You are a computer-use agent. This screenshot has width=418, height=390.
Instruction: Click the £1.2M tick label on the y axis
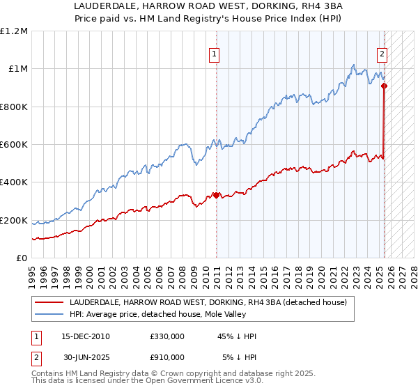click(14, 31)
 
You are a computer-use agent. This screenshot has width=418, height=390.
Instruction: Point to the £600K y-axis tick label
click(14, 145)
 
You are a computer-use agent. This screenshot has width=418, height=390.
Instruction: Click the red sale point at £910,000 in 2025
click(384, 86)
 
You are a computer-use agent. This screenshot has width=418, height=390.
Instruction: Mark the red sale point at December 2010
click(216, 195)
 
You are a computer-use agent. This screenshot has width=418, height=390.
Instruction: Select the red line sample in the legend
click(49, 303)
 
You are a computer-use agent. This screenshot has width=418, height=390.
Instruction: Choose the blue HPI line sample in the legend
click(49, 315)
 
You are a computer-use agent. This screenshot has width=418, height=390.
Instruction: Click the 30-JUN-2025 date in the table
click(86, 357)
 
